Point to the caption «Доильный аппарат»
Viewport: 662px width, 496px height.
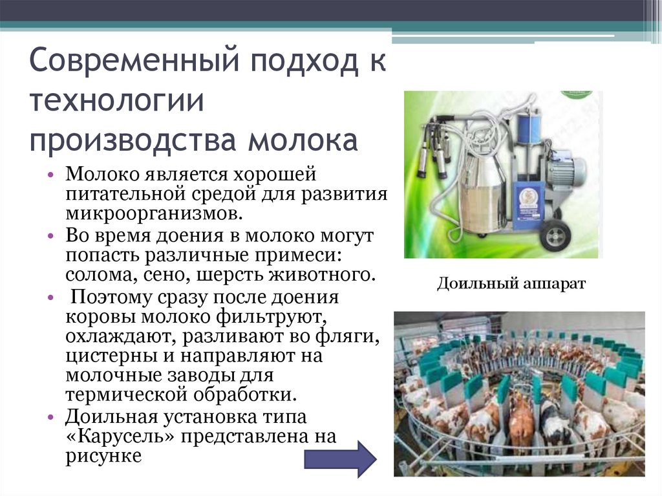coord(511,284)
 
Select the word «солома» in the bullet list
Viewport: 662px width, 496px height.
coord(96,275)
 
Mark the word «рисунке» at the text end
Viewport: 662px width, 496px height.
coord(103,457)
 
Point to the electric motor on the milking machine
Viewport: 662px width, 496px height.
coord(562,171)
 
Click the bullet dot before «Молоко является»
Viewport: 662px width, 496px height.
coord(52,177)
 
